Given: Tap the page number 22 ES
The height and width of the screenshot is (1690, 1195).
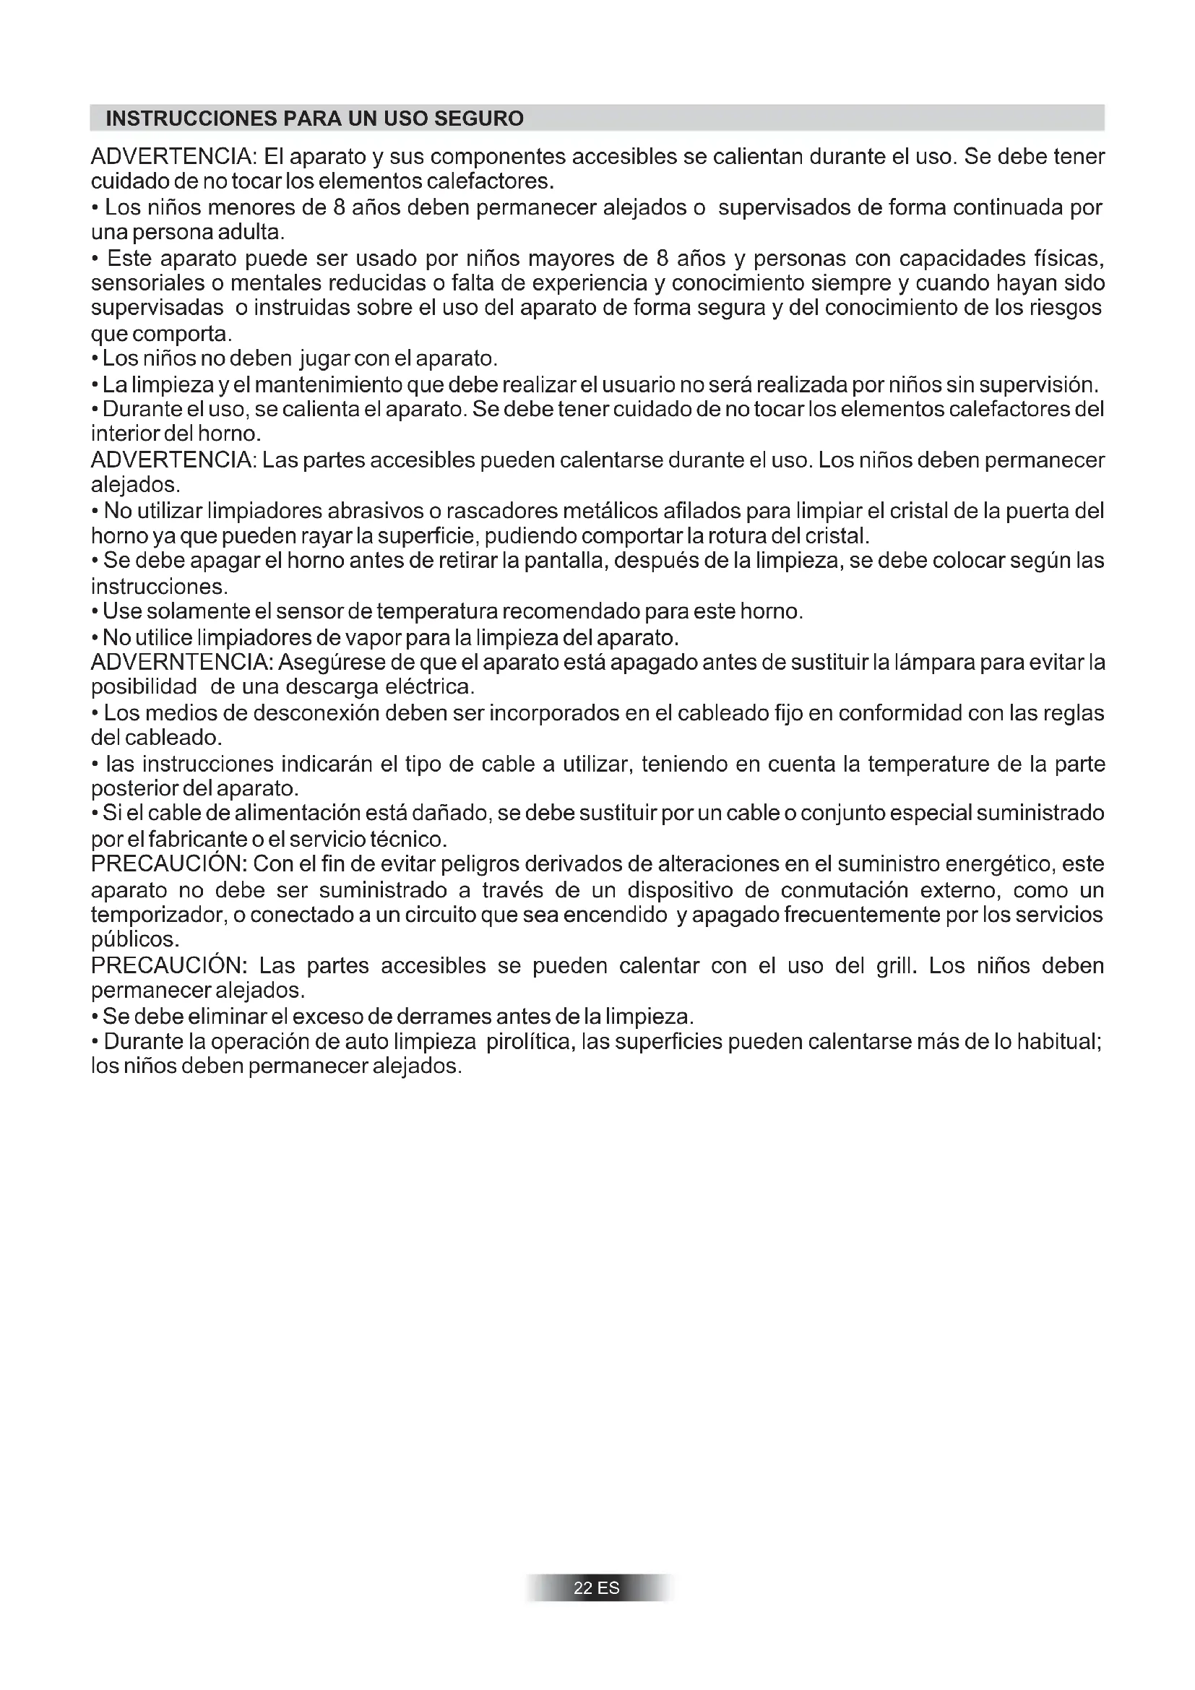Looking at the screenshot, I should pos(597,1608).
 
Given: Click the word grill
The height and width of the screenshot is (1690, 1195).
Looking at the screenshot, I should pos(895,966).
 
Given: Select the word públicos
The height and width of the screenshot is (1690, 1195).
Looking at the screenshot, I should pos(134,940).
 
